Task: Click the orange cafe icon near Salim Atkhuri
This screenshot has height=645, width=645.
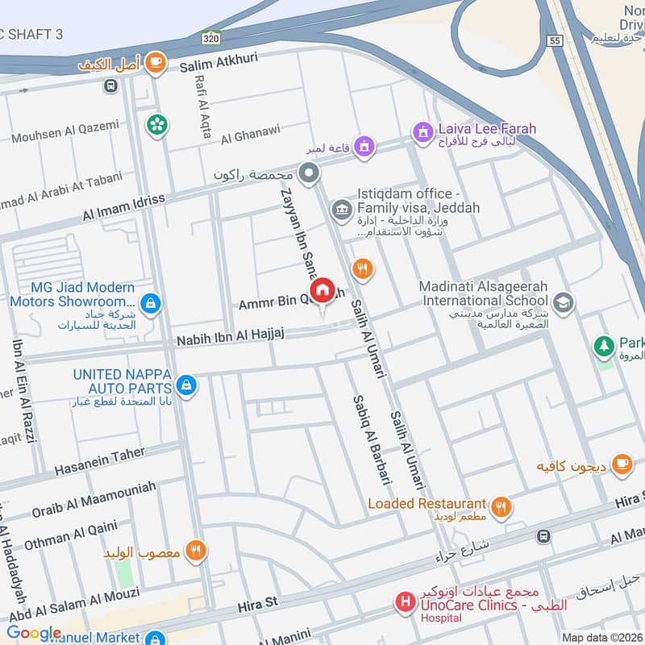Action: tap(156, 62)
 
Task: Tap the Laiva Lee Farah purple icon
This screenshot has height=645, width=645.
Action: tap(421, 130)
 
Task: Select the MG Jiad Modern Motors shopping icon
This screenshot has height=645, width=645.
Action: tap(149, 303)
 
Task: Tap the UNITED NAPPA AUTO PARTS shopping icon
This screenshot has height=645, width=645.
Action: tap(187, 385)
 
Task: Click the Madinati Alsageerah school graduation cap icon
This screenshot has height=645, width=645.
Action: tap(564, 303)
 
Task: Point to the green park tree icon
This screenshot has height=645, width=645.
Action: tap(602, 346)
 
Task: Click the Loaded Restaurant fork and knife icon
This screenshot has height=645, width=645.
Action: tap(501, 506)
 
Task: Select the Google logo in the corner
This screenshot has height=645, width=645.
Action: tap(34, 633)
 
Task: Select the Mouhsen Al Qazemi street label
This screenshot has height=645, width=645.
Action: tap(64, 131)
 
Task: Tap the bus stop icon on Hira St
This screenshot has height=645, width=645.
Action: tap(545, 536)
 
